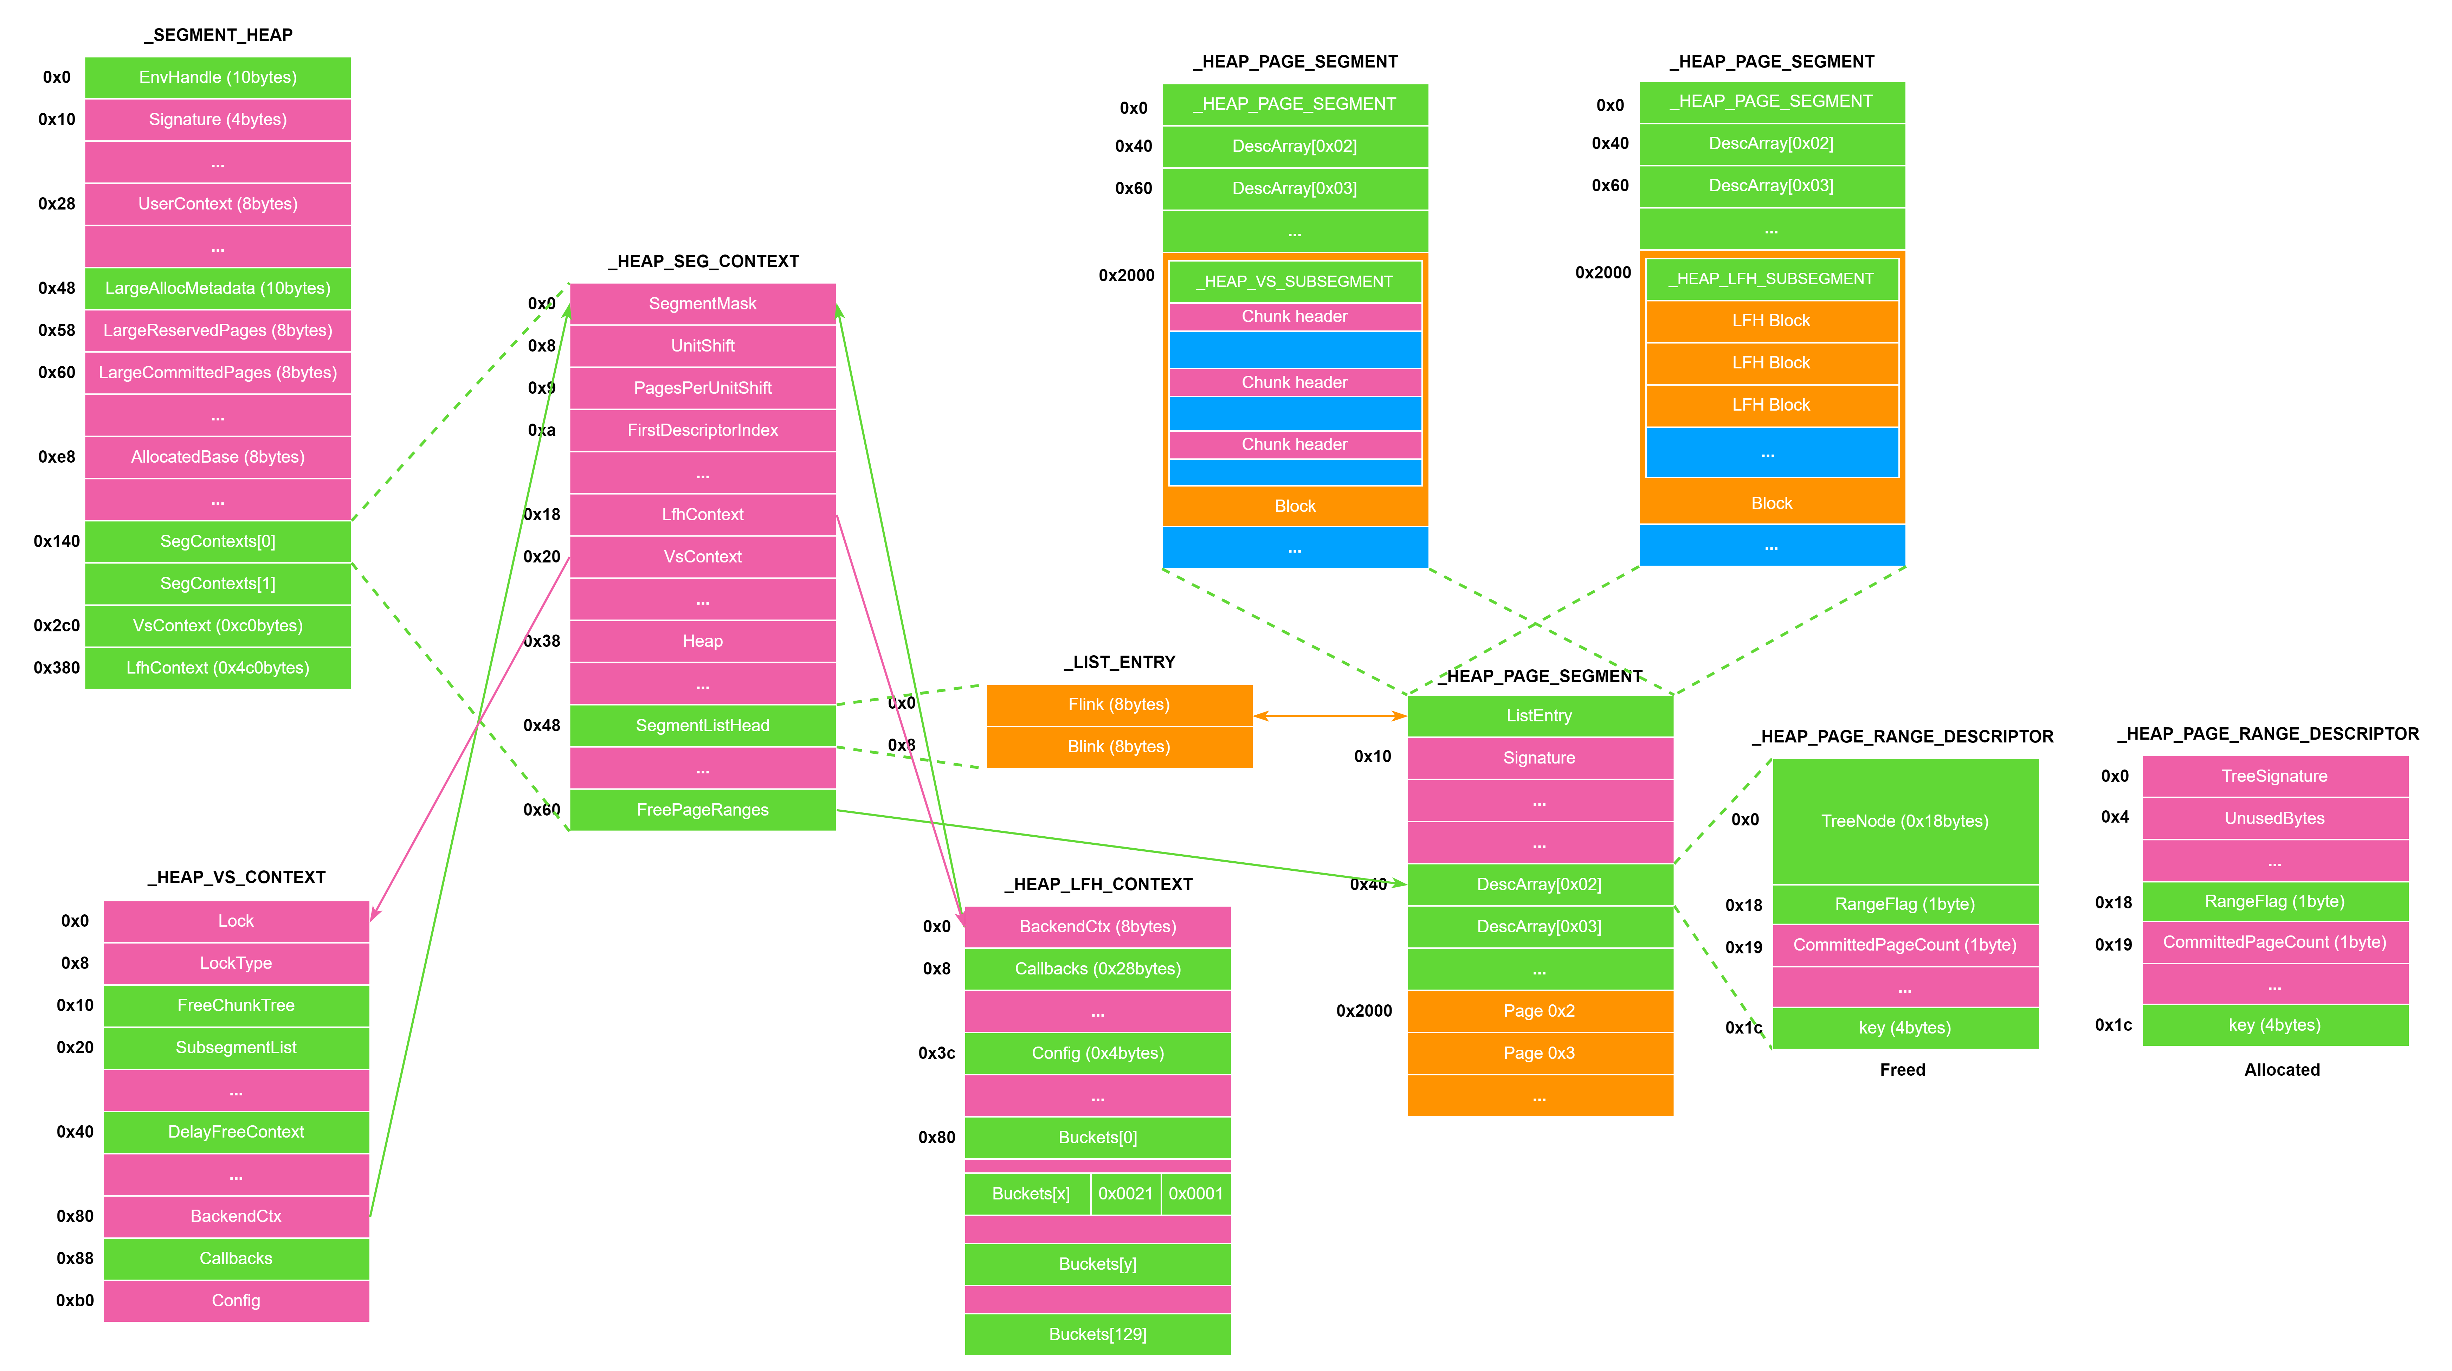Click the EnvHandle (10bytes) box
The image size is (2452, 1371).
(x=218, y=77)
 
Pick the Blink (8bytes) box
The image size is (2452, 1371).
(x=1118, y=746)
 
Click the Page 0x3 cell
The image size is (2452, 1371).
(x=1539, y=1053)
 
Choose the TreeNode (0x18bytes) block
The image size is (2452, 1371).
(x=1905, y=821)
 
